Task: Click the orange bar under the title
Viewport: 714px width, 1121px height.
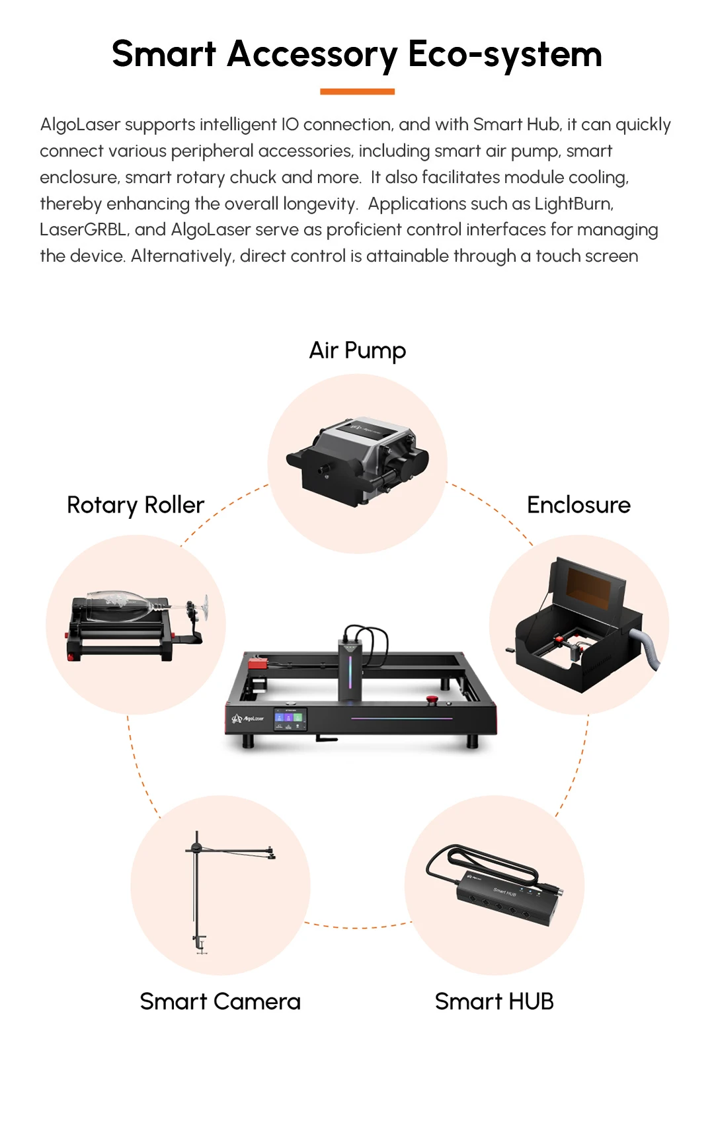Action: (357, 91)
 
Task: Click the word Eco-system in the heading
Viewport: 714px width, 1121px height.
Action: (505, 54)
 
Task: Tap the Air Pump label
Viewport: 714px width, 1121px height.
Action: (358, 350)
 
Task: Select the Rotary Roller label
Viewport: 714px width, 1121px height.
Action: (136, 505)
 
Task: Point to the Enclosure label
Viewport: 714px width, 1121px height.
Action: (578, 505)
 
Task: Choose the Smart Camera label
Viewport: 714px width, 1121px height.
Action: (220, 1001)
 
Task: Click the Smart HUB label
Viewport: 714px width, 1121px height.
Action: (494, 1001)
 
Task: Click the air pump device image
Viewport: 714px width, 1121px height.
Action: (357, 461)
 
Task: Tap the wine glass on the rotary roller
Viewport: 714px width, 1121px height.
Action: (132, 605)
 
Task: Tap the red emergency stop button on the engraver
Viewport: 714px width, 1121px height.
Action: (432, 699)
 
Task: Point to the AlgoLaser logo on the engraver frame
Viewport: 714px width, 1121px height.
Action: (248, 718)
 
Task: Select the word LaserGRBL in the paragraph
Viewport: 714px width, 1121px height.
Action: (83, 229)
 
